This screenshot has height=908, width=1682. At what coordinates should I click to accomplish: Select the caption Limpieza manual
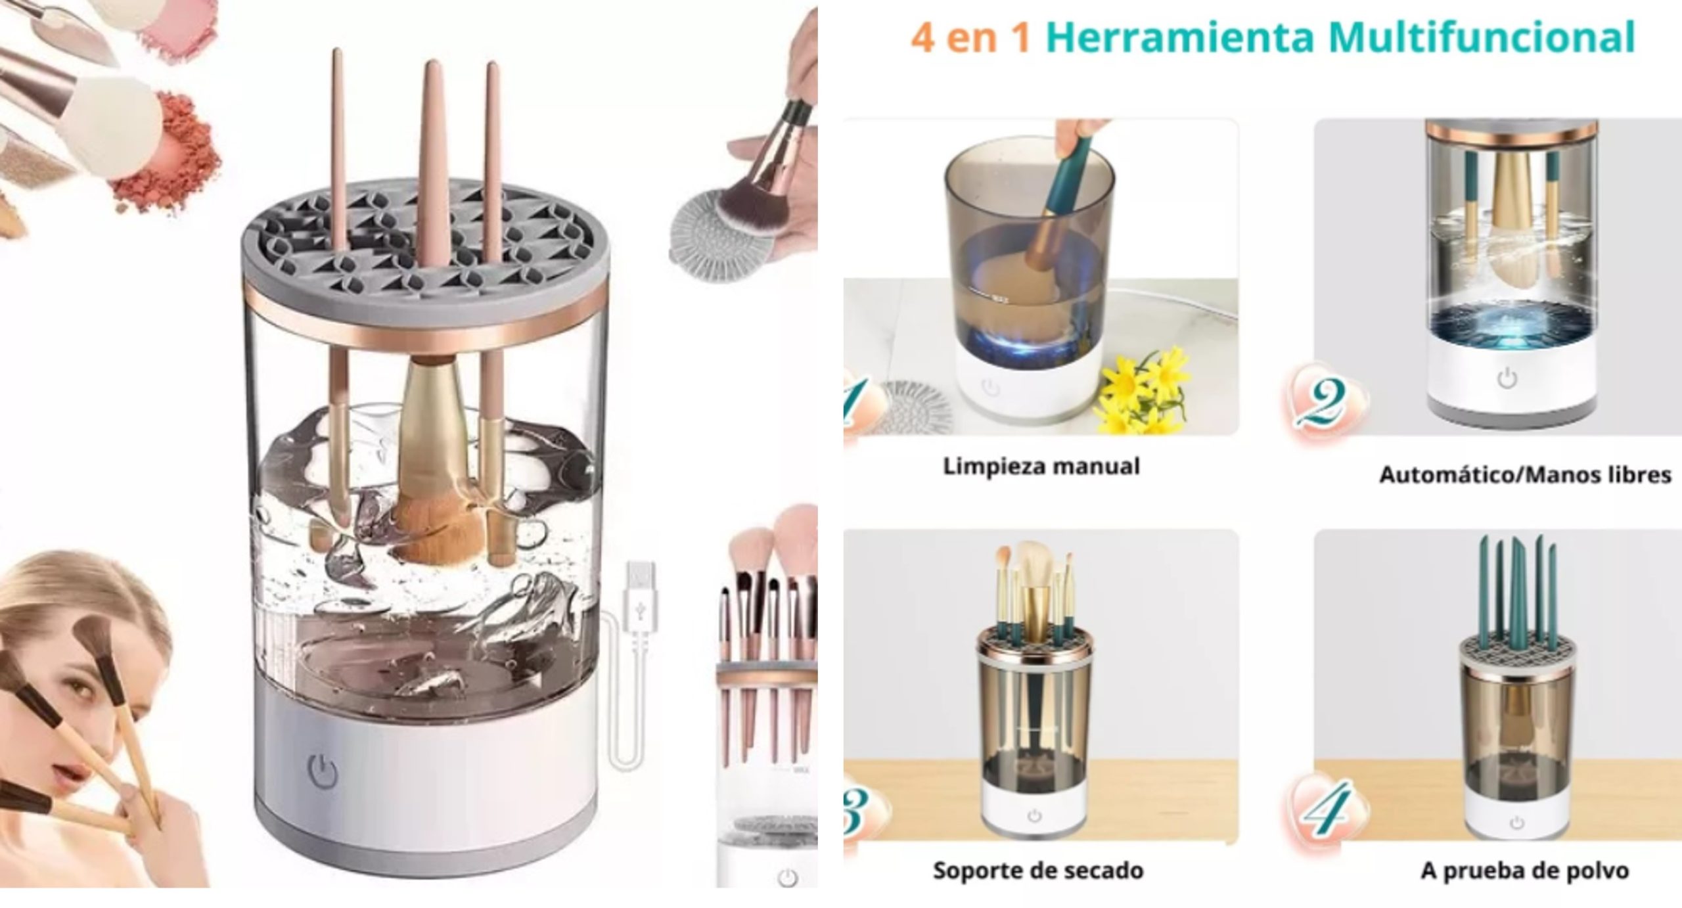[x=1041, y=466]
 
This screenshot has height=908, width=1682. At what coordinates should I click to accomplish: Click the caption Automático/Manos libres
[x=1525, y=474]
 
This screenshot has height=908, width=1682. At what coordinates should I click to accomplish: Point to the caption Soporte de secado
[x=1038, y=871]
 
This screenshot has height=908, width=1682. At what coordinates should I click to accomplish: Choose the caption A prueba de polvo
[x=1524, y=871]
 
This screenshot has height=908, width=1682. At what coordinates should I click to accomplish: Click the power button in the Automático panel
[x=1507, y=379]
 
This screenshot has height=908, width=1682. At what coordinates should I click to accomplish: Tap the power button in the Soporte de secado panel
[x=1035, y=815]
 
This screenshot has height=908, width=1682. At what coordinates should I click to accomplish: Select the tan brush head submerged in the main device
[x=430, y=529]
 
